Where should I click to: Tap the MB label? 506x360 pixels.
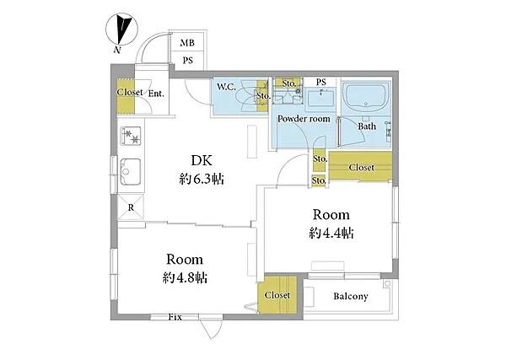point(187,43)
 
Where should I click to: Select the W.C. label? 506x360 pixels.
point(226,87)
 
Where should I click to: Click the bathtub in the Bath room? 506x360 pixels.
point(366,96)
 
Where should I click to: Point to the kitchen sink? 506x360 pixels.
point(131,172)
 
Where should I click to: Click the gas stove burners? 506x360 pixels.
point(131,136)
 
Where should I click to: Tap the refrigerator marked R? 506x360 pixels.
point(131,207)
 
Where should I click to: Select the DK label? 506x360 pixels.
point(202,160)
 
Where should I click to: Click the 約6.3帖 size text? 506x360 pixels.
point(202,179)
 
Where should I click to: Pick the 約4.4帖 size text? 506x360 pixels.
point(331,233)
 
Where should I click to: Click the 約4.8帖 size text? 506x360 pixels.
point(185,277)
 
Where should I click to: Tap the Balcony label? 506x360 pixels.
point(351,296)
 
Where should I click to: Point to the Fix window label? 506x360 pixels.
point(175,317)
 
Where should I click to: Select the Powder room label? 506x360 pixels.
point(304,119)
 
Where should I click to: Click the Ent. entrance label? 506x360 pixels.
point(156,94)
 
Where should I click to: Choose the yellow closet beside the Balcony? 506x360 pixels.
point(277,294)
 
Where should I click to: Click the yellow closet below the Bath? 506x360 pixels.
point(360,166)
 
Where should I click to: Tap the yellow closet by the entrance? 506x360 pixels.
point(126,96)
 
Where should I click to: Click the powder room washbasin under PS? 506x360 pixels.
point(320,98)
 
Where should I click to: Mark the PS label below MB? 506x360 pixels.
point(188,61)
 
